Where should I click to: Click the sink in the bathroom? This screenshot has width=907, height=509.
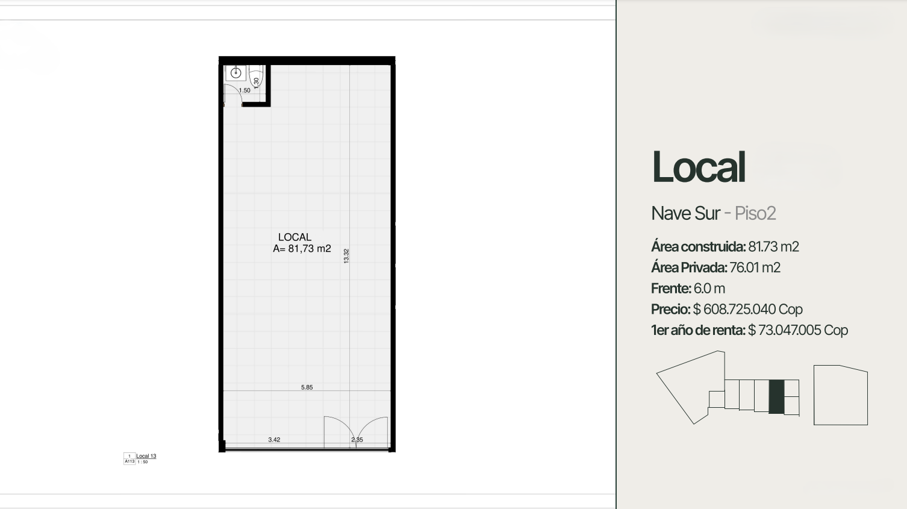pyautogui.click(x=235, y=73)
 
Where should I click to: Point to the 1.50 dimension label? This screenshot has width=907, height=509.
pyautogui.click(x=245, y=91)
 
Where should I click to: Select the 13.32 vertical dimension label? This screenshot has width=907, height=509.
pyautogui.click(x=346, y=256)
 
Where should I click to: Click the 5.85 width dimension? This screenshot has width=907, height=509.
pyautogui.click(x=307, y=387)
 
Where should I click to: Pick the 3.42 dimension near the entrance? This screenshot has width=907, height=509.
pyautogui.click(x=274, y=440)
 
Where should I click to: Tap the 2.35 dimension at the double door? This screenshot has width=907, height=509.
pyautogui.click(x=357, y=440)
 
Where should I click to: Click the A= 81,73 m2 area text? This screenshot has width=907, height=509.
pyautogui.click(x=302, y=249)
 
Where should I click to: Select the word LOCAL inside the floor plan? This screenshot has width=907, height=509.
pyautogui.click(x=295, y=237)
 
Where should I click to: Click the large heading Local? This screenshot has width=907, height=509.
pyautogui.click(x=699, y=167)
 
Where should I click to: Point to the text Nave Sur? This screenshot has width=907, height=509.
pyautogui.click(x=685, y=213)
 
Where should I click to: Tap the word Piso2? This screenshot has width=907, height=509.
pyautogui.click(x=755, y=213)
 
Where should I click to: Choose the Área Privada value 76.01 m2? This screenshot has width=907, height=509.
pyautogui.click(x=755, y=267)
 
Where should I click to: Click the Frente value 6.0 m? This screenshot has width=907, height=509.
pyautogui.click(x=709, y=289)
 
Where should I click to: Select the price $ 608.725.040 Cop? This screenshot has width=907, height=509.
pyautogui.click(x=747, y=310)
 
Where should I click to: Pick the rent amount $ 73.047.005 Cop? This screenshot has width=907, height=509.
pyautogui.click(x=797, y=331)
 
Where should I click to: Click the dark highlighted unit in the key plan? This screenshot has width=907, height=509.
pyautogui.click(x=776, y=397)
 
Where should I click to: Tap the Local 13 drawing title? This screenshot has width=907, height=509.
pyautogui.click(x=146, y=456)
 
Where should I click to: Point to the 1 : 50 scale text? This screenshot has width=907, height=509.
pyautogui.click(x=143, y=462)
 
